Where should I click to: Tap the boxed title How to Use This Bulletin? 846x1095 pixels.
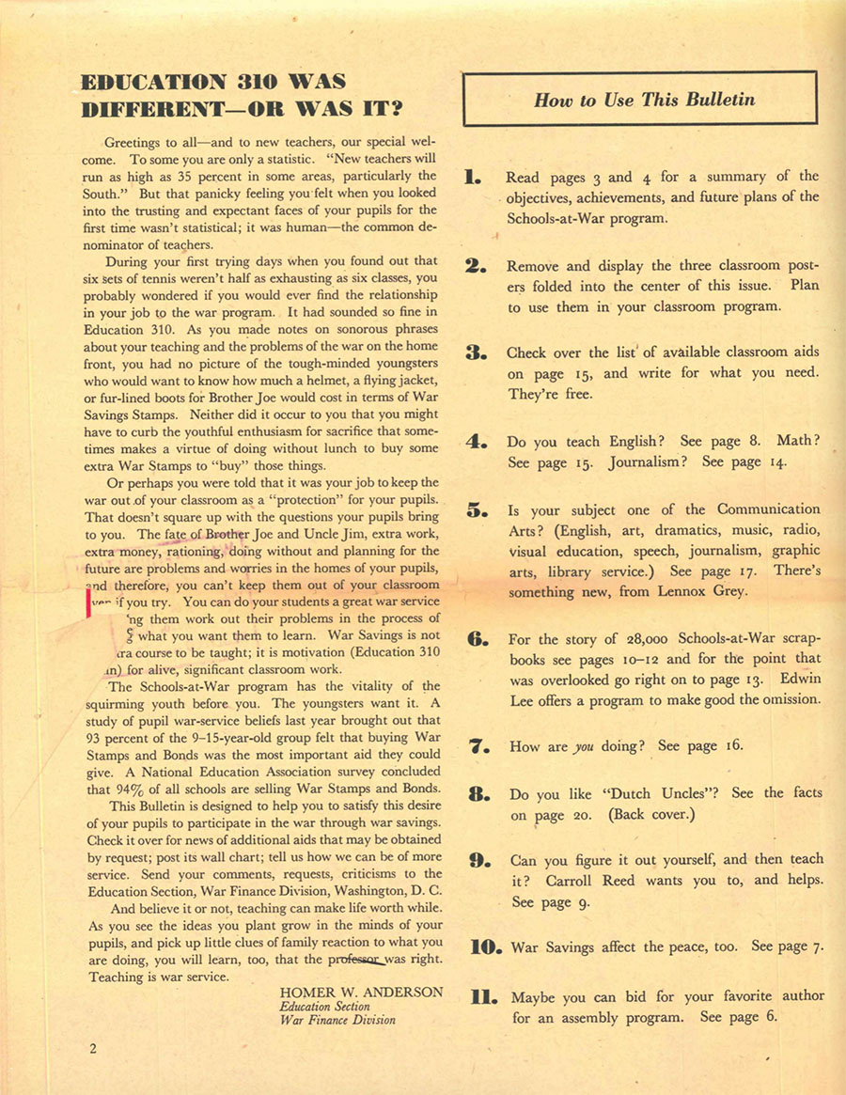point(644,99)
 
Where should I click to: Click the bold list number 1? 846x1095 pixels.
point(474,176)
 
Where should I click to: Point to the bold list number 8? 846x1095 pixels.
point(477,793)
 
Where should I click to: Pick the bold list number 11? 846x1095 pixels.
point(481,995)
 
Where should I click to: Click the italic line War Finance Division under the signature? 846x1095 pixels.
point(337,1019)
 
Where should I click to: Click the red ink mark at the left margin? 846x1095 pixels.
point(88,602)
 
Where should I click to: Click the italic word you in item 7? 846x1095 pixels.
point(584,745)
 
